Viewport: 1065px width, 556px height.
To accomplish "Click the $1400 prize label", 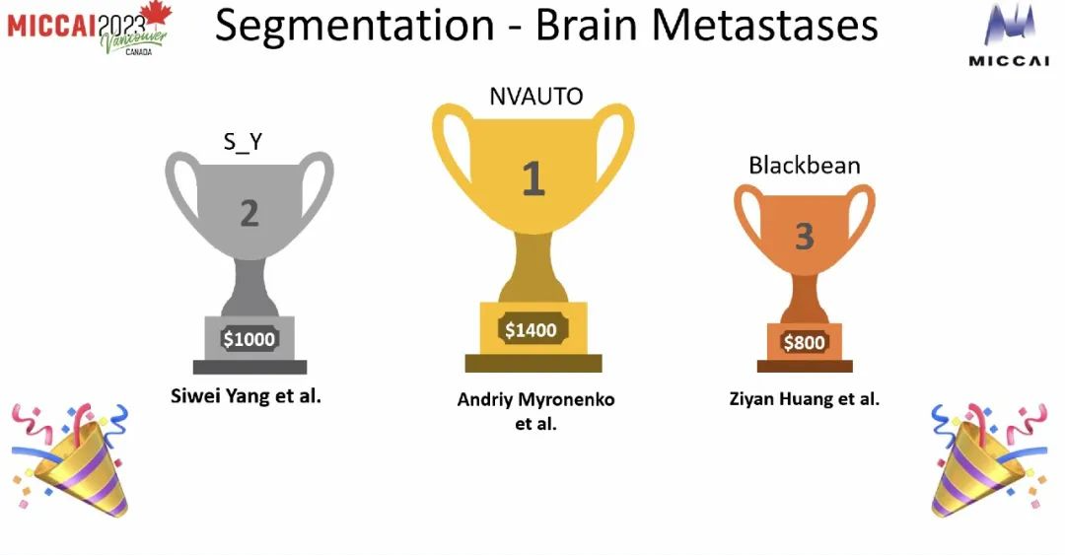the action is tap(531, 330).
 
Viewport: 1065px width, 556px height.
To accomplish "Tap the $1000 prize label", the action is tap(249, 339).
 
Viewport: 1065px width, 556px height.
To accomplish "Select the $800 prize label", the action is tap(805, 342).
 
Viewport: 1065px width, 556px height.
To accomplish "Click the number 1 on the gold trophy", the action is tap(533, 178).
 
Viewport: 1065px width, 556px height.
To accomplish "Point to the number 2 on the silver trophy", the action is tap(249, 214).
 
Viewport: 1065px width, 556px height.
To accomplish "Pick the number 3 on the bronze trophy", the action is tap(805, 237).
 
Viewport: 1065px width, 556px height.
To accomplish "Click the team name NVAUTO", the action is tap(535, 97).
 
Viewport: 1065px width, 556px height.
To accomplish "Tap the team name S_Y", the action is tap(244, 141).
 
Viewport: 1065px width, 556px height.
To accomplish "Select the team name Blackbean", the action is tap(805, 165).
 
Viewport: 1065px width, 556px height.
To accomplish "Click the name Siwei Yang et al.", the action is tap(246, 395).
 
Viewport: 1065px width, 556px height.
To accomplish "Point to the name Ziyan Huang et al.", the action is tap(805, 398).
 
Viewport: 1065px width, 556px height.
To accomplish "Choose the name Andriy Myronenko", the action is tap(535, 399).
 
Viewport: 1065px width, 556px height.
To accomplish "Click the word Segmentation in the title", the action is tap(354, 26).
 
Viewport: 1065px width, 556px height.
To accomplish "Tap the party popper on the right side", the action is tap(990, 459).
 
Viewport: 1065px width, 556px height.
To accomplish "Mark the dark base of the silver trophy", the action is tap(249, 368).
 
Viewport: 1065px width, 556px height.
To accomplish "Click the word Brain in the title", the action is tap(586, 25).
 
